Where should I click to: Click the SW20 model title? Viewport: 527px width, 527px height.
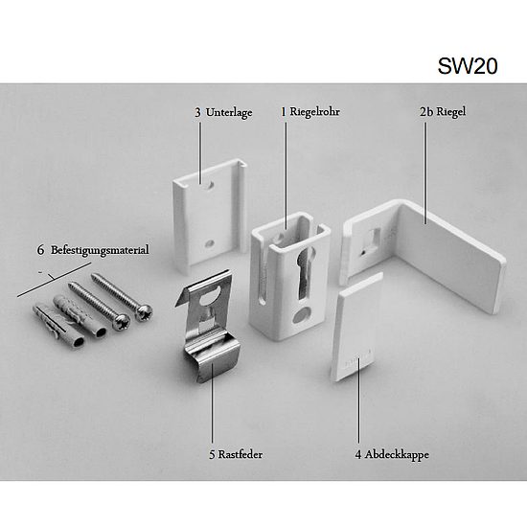(x=468, y=66)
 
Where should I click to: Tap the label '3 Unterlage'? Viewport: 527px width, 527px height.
(x=223, y=113)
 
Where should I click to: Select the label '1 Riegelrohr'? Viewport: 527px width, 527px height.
(x=310, y=112)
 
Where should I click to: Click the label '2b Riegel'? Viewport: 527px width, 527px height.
(x=443, y=112)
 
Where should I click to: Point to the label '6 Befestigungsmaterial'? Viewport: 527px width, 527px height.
(x=93, y=250)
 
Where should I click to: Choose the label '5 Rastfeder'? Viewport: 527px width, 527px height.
(x=236, y=454)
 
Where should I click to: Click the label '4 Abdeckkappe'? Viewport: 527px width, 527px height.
(x=392, y=454)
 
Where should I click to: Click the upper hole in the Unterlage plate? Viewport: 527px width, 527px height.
(x=209, y=185)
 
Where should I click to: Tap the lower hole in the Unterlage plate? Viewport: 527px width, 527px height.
(x=209, y=243)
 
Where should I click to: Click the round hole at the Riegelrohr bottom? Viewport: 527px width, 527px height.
(x=301, y=314)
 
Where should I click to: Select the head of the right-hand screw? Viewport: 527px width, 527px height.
(x=144, y=312)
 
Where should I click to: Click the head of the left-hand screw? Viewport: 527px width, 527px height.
(x=122, y=322)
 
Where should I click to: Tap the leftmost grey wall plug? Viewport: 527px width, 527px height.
(x=58, y=327)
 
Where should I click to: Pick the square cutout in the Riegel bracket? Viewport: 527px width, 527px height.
(x=375, y=238)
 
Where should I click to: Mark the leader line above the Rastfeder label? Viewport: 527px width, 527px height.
(x=212, y=402)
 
